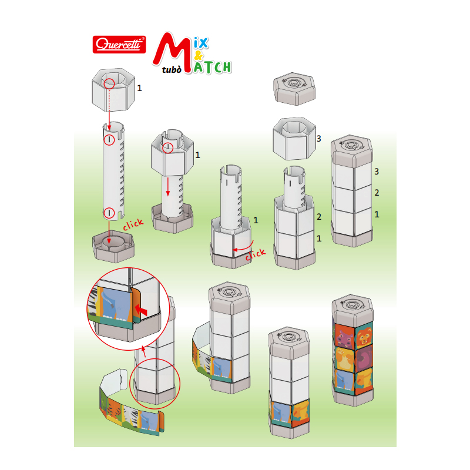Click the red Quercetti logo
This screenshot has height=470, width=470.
pos(120,45)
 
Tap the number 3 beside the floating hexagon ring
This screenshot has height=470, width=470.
pos(318,139)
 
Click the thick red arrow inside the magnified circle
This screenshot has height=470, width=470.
pos(140,308)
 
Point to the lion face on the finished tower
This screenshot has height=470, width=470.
pos(362,336)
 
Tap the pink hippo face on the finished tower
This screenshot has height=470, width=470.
pos(343,337)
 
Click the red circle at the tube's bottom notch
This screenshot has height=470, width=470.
pos(109,213)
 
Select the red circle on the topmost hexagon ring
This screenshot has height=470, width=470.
pos(109,84)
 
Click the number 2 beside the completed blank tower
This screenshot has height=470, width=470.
pos(377,193)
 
